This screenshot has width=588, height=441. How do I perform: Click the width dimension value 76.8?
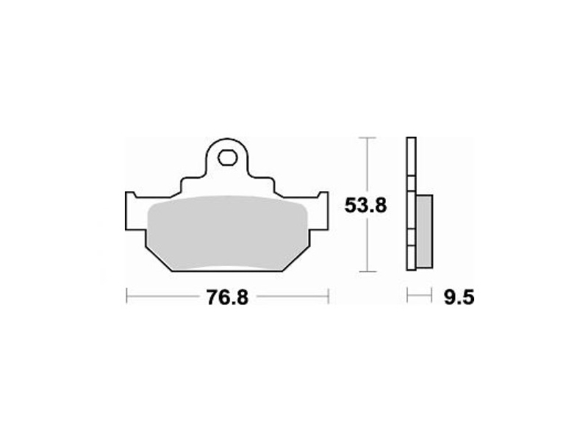point(227,298)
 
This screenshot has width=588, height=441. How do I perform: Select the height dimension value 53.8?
point(365,206)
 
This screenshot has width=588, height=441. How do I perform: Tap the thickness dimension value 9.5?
point(459,298)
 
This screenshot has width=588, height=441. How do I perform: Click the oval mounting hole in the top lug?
point(227,157)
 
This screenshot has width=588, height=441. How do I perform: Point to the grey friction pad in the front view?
point(228,233)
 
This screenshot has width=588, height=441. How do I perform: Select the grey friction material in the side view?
point(424,231)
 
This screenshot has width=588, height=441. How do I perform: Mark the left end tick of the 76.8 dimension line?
point(126,296)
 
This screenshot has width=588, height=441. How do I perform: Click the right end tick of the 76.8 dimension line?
point(329,296)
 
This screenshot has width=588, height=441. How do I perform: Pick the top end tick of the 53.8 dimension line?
point(367,138)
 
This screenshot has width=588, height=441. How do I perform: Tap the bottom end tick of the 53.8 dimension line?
point(367,271)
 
